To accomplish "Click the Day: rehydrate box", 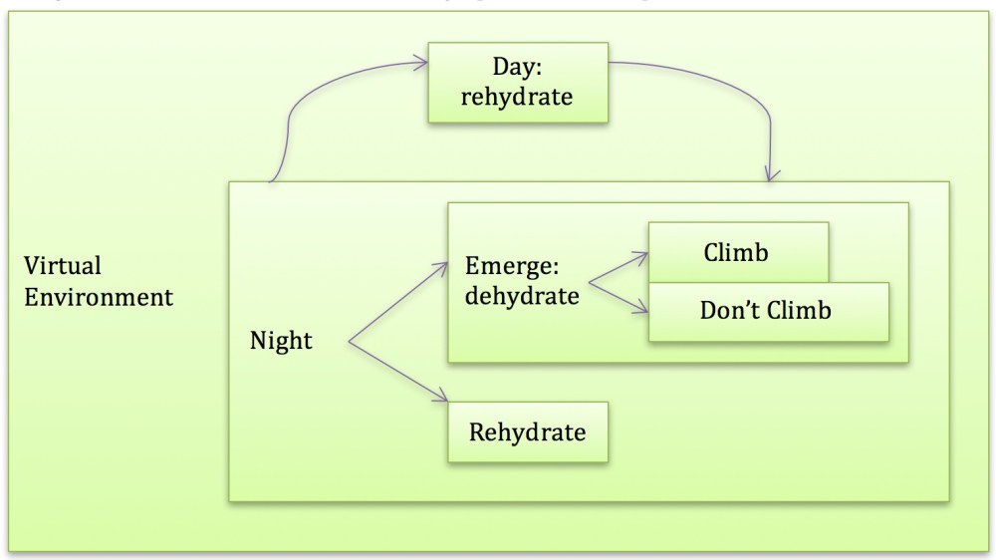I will [x=518, y=83].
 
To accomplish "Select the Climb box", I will [x=737, y=253].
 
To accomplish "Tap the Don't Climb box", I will [x=768, y=311].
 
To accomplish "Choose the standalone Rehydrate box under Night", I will [x=527, y=432].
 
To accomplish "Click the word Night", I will [x=281, y=341].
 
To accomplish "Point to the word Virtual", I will [x=64, y=267].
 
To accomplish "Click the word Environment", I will [x=99, y=297].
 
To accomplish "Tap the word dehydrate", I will [x=522, y=296].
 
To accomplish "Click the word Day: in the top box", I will [x=518, y=68].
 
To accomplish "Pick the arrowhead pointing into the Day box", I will [x=422, y=66].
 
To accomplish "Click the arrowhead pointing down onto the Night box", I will [x=772, y=174].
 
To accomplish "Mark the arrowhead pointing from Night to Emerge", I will [x=443, y=266].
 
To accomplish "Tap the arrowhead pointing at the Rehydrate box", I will [x=443, y=402].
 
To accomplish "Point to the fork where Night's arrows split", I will [x=349, y=342].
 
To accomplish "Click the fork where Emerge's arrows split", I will [x=590, y=282].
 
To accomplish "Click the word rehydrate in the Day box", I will [x=518, y=98].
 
